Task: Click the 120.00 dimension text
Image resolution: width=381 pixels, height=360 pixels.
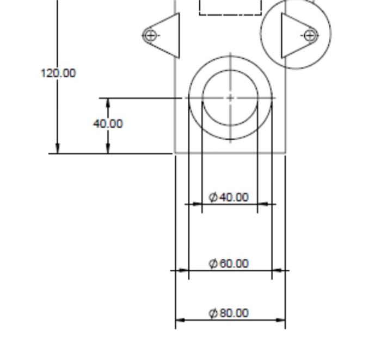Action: click(58, 73)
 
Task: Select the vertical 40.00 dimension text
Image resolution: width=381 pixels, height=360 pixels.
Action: click(108, 124)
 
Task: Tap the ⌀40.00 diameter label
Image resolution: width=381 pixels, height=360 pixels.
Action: click(229, 197)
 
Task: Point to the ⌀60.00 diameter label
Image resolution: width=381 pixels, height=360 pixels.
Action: click(229, 264)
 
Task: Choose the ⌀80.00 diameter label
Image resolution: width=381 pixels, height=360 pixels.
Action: click(229, 313)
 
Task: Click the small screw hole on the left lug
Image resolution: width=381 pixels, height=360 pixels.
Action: click(151, 35)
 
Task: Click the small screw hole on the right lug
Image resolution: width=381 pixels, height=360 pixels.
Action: click(310, 35)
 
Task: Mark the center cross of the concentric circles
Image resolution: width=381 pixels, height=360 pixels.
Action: click(230, 98)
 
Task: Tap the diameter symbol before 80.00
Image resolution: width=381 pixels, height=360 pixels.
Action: click(213, 313)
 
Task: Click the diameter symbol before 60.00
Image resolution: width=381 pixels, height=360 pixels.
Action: click(213, 264)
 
